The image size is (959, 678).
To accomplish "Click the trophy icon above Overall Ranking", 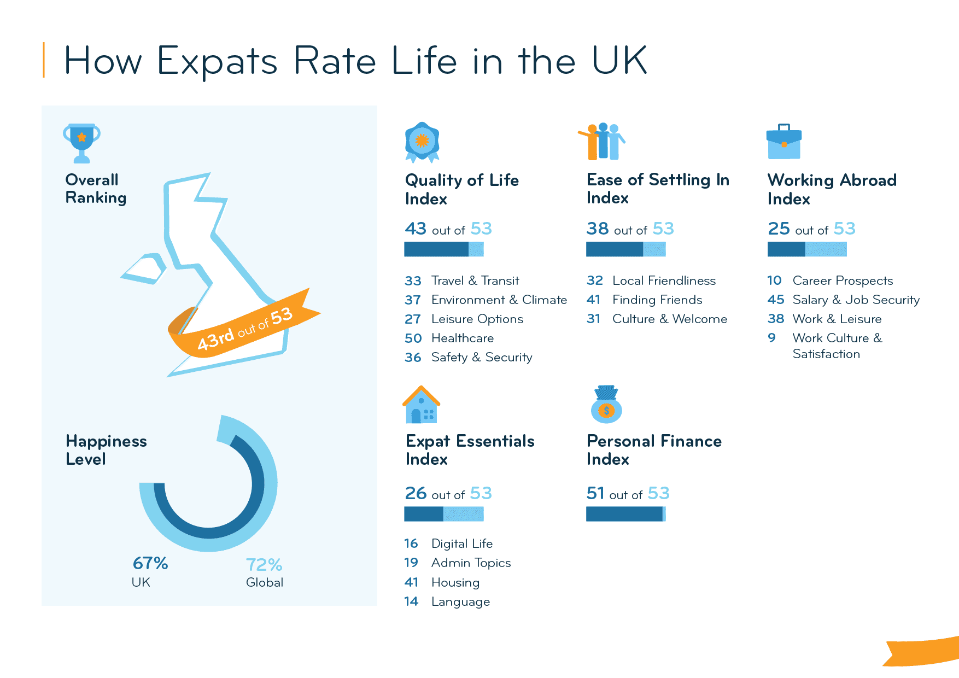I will [81, 143].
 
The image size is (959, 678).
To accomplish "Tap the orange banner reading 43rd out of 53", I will [244, 328].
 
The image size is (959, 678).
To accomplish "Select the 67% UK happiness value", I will [150, 563].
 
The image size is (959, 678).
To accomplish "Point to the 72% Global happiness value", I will [264, 564].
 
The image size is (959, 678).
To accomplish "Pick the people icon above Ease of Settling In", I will [602, 141].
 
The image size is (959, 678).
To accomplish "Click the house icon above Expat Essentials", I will [422, 405].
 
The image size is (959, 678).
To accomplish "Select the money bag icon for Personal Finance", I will [606, 405].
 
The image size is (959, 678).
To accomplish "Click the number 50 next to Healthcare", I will [413, 338].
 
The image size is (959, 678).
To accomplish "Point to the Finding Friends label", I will [657, 300].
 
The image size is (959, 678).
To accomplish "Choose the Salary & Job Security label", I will [856, 300].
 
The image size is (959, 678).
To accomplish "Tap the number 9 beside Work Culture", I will [771, 338].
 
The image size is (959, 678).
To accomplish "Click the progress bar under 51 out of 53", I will [625, 514].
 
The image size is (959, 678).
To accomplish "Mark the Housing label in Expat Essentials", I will [455, 583].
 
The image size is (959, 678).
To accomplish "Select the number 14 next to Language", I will [411, 601].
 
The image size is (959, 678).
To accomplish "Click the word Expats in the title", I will [217, 61].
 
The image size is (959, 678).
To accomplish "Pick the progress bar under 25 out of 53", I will [807, 249].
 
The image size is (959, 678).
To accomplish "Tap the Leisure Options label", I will [477, 319].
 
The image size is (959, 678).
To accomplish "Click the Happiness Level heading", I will [106, 450].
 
